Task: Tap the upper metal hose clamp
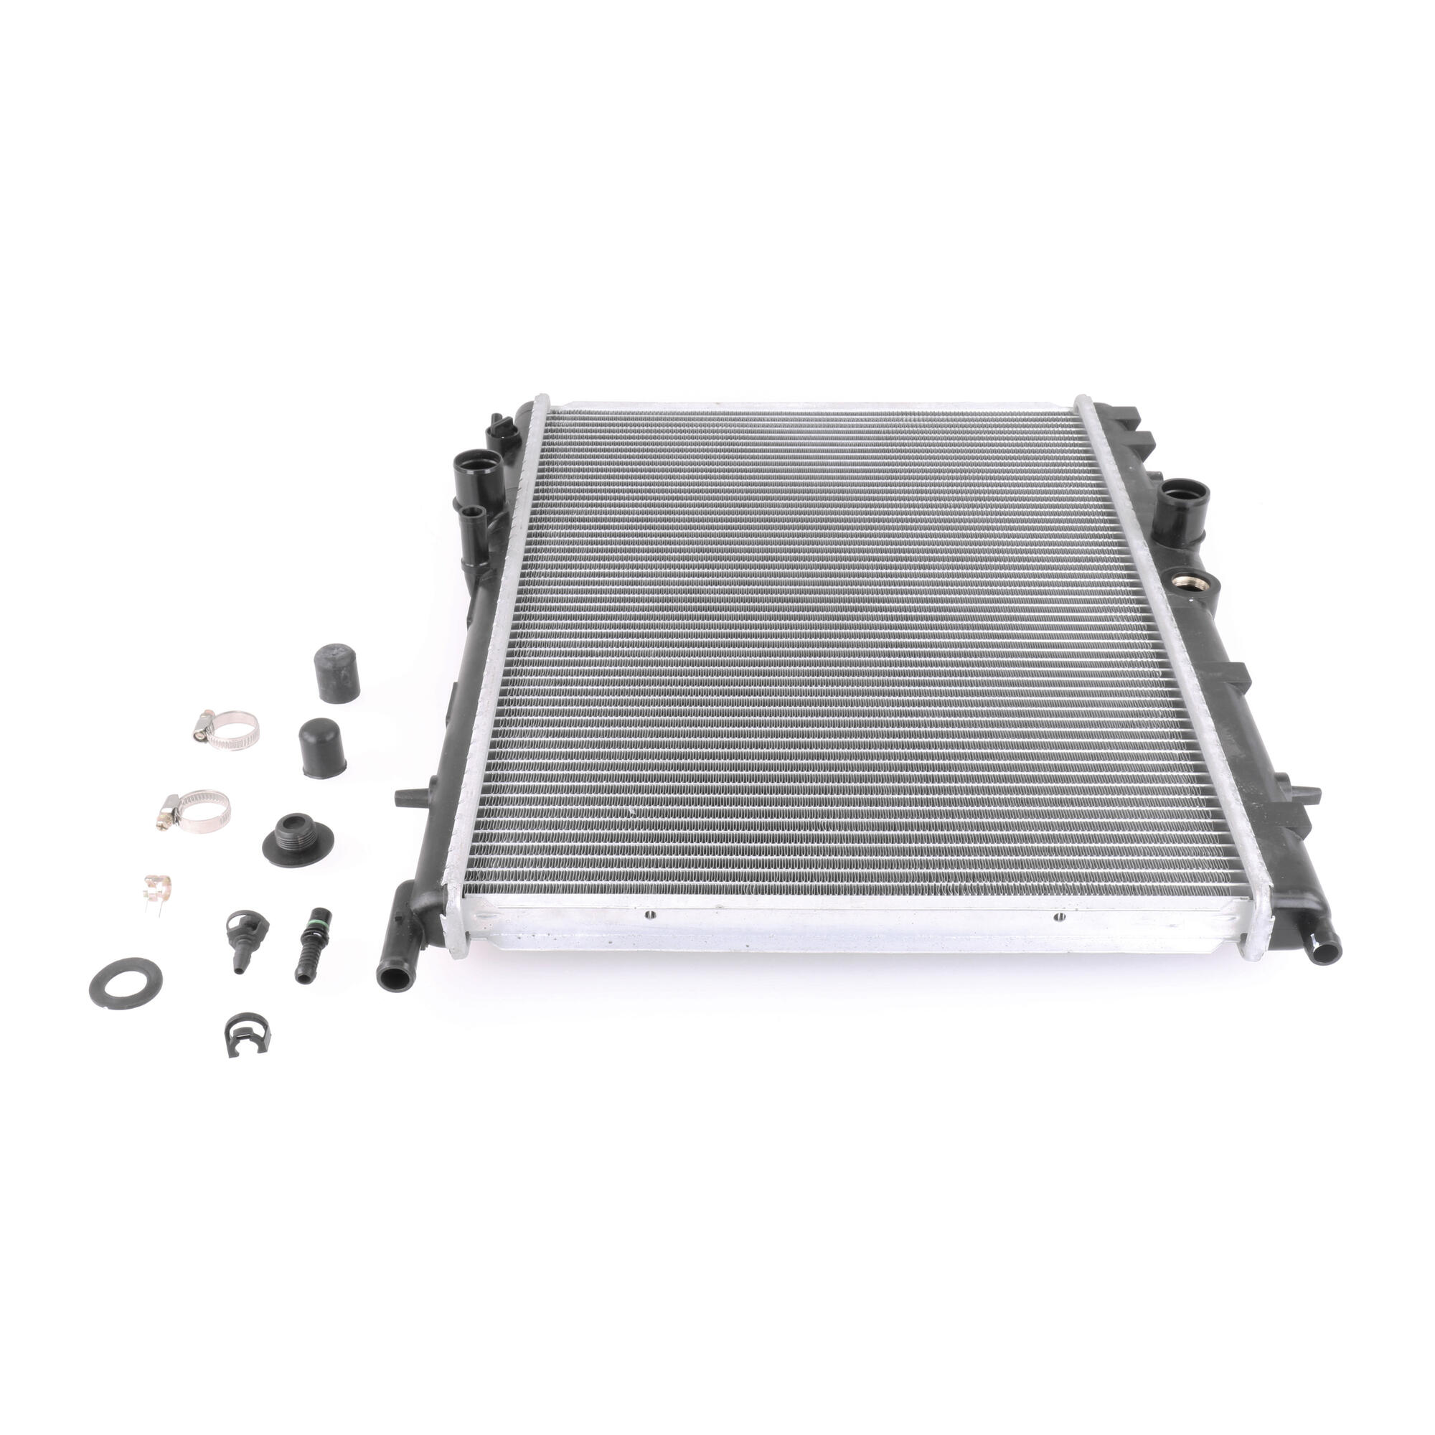coord(227,729)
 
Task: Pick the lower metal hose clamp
coord(195,810)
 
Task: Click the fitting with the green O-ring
coord(305,943)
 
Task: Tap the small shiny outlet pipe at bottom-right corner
coord(1324,951)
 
